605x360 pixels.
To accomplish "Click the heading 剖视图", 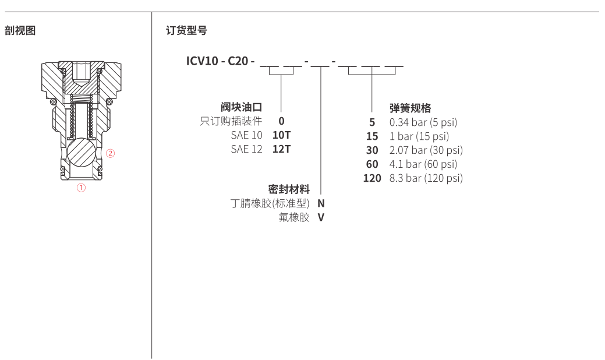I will (x=20, y=31).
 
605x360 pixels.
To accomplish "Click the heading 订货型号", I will (x=186, y=31).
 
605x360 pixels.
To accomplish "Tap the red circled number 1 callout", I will (x=81, y=188).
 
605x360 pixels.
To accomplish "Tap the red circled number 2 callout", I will (x=111, y=154).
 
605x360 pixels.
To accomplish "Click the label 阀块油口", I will (x=241, y=107).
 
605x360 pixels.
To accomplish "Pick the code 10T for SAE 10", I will (x=282, y=135).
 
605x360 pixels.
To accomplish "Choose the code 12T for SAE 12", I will (x=282, y=149).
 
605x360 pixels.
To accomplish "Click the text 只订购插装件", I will (x=231, y=121).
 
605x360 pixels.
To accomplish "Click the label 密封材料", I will (x=289, y=189).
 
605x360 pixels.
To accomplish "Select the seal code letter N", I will (x=321, y=203).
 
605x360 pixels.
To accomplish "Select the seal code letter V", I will (x=321, y=217).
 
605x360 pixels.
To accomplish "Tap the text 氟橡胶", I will (x=295, y=217).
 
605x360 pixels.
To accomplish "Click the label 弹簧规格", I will (x=410, y=108).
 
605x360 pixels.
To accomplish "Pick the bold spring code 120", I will (x=372, y=178).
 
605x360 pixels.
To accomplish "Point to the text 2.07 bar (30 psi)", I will (x=426, y=150).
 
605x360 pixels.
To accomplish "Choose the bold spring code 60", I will (x=372, y=164).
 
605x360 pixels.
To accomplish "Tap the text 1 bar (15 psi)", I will (x=419, y=136).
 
